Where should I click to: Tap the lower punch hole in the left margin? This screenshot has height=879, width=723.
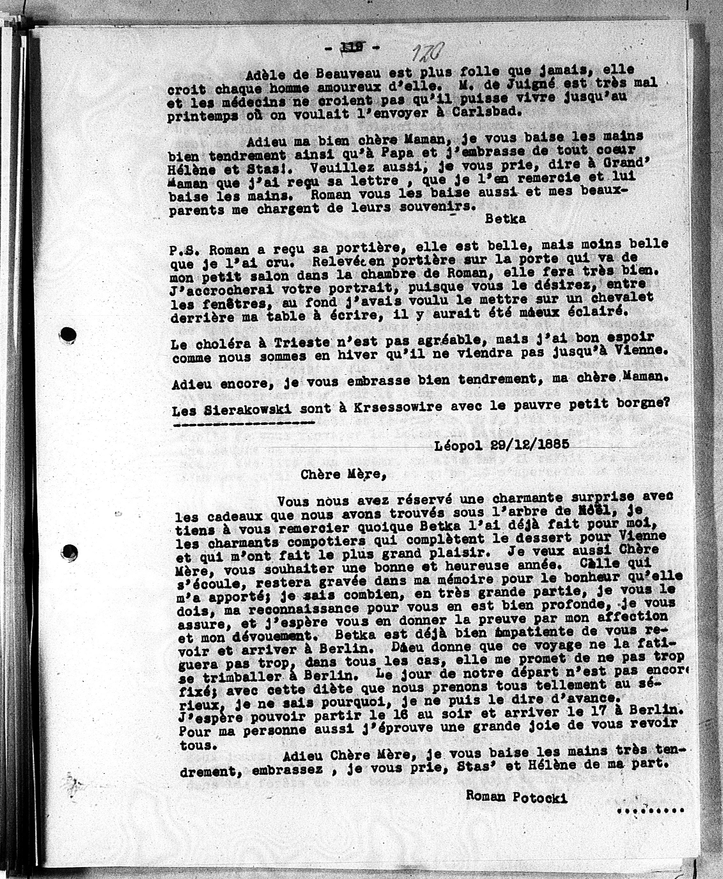(x=69, y=552)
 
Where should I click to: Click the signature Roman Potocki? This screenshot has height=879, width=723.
(x=516, y=797)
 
